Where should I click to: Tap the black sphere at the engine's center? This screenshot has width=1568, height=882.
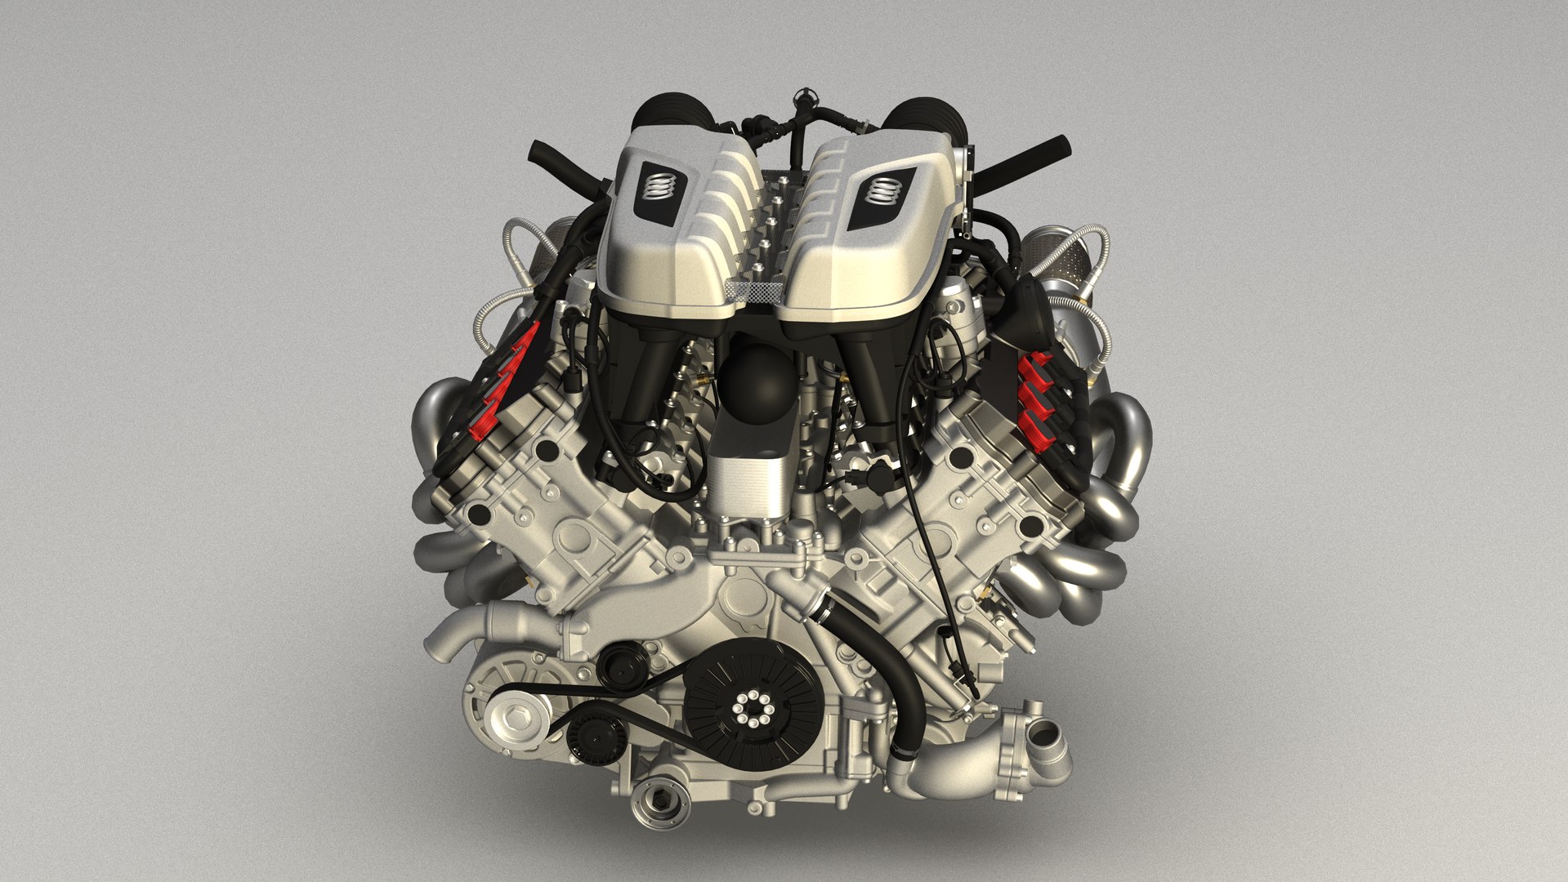757,381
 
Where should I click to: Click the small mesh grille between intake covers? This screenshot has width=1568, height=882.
755,289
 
